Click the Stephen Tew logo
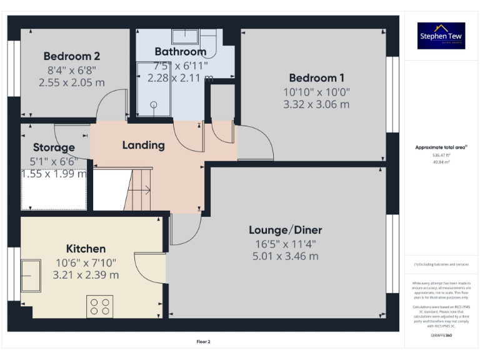point(441,36)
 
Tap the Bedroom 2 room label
point(72,56)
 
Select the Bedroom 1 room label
point(316,78)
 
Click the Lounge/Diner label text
point(286,230)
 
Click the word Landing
point(143,145)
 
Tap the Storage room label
point(54,147)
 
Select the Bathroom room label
point(181,51)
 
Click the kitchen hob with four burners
point(100,306)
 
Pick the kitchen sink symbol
point(31,276)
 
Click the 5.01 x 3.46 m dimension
point(286,256)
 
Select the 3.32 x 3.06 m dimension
point(316,104)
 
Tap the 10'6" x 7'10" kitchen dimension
point(86,262)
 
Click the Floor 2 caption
point(204,342)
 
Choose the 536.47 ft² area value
point(441,155)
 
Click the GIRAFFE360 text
point(441,336)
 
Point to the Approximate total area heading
point(441,147)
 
